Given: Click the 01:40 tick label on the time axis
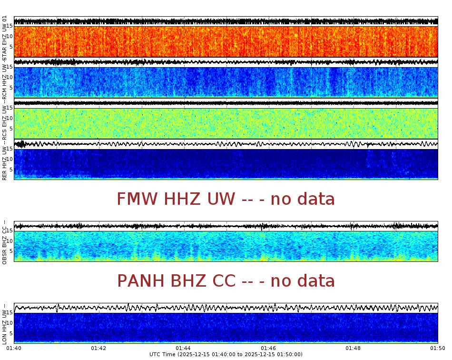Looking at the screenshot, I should click(x=14, y=349).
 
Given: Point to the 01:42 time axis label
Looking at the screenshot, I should click(x=98, y=349).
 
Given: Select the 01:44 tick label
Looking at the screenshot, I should click(x=183, y=349).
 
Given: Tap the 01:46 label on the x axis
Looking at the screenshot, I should click(x=268, y=349).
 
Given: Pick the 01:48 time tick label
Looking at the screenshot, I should click(x=353, y=349).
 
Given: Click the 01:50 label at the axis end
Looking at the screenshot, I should click(x=437, y=349).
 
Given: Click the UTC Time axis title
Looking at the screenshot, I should click(x=226, y=355).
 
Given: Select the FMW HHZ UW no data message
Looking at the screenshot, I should click(x=226, y=199).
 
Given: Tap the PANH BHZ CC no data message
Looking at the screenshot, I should click(x=226, y=281).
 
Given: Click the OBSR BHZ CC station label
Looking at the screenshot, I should click(x=4, y=242).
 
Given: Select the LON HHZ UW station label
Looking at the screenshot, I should click(x=4, y=324).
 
